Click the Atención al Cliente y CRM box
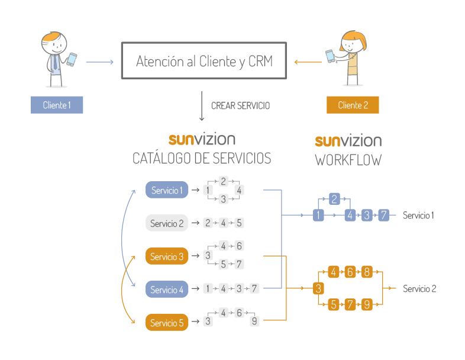point(205,61)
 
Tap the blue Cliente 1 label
point(57,105)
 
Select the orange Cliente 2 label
point(353,105)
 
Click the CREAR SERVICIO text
point(240,106)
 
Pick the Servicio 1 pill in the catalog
point(167,190)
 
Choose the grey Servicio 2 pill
point(167,223)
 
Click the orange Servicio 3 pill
point(167,256)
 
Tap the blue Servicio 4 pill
point(167,290)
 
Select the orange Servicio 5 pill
point(167,323)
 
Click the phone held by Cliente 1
point(72,59)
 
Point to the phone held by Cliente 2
point(330,56)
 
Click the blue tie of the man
point(55,62)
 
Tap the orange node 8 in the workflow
point(366,272)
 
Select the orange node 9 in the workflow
point(366,305)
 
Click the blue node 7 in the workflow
point(383,215)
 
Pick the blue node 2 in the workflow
point(334,199)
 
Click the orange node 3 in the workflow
point(318,288)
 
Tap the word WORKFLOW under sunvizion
point(348,160)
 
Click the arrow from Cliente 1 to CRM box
point(99,62)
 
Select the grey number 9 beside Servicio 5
point(254,322)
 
